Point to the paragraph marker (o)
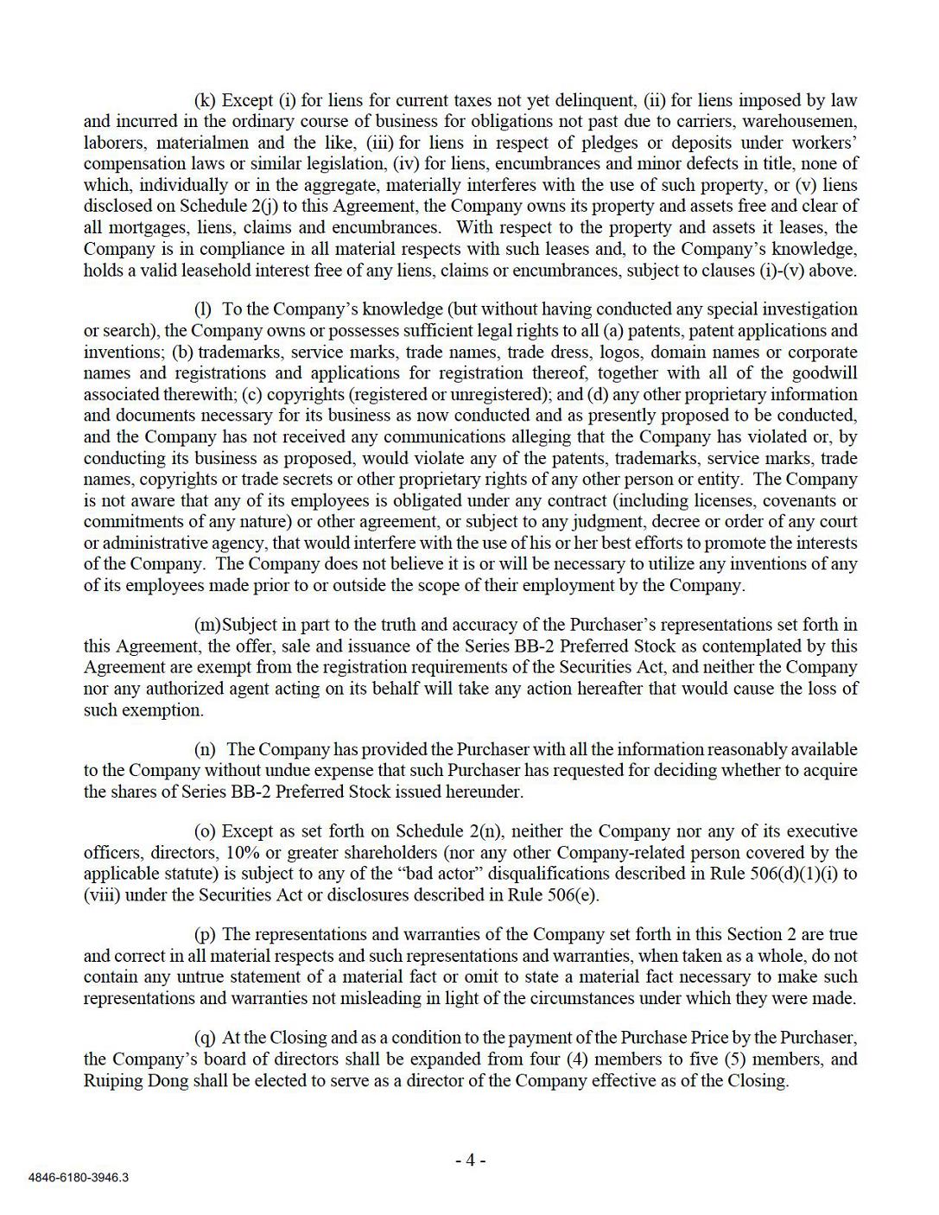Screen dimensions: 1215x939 [206, 831]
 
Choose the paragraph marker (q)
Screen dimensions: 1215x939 [206, 1038]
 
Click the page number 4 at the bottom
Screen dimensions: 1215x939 [471, 1161]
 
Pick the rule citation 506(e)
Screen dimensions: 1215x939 [573, 895]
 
